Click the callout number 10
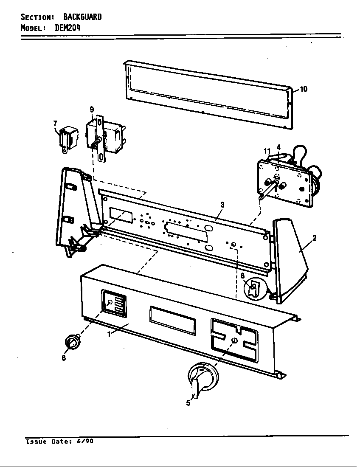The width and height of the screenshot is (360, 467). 304,89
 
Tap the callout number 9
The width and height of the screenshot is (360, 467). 92,110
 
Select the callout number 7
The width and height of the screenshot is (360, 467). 55,123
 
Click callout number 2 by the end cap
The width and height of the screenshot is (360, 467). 314,238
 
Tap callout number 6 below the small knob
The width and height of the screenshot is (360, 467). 64,358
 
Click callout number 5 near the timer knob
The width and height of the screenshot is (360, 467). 188,403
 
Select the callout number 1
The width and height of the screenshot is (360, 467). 109,334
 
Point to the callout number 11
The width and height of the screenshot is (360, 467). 267,151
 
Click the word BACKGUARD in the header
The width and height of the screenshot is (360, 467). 82,17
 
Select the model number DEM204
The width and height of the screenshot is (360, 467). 67,28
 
